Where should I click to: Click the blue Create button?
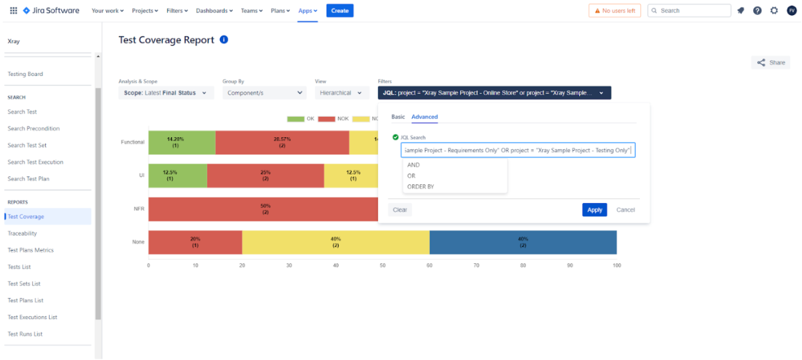(x=339, y=10)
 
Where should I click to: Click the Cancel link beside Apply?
(x=625, y=210)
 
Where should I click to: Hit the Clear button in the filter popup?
(x=400, y=210)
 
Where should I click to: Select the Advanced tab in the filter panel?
(x=424, y=117)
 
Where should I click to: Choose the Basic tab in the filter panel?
(x=398, y=117)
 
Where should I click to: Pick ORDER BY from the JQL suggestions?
(x=420, y=187)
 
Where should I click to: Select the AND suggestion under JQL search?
(x=413, y=165)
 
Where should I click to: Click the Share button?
(x=771, y=63)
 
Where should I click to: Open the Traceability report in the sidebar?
(x=22, y=233)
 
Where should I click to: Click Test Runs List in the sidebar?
(x=25, y=334)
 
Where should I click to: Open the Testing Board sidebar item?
(x=25, y=74)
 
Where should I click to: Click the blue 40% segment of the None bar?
(x=523, y=242)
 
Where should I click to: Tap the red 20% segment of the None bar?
(x=195, y=242)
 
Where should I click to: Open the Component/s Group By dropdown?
(x=264, y=93)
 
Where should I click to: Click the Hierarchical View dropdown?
(x=341, y=93)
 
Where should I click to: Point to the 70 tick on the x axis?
(x=476, y=266)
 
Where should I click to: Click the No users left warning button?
(x=614, y=10)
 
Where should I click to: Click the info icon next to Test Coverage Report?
(x=224, y=40)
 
